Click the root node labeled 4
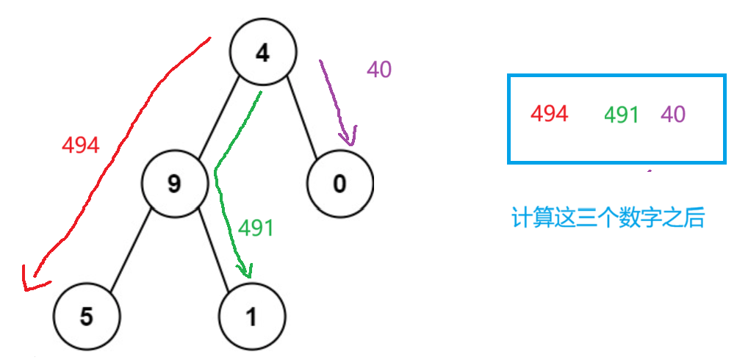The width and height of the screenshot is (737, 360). pos(262,53)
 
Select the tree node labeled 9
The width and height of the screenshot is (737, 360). pos(173,183)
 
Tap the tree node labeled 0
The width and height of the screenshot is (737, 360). pos(339,183)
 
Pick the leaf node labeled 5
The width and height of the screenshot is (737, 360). pos(87,317)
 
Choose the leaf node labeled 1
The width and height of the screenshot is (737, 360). pos(251,317)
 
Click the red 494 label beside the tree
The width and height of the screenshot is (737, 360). pos(80,145)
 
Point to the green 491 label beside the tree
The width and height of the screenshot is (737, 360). pos(256,228)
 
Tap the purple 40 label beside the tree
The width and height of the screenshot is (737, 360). pos(379,70)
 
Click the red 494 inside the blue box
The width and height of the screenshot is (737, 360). pos(549,114)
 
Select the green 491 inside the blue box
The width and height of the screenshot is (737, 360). pos(621,115)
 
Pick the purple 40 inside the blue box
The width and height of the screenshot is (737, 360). pos(673,115)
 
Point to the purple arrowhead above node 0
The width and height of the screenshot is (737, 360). pos(349,138)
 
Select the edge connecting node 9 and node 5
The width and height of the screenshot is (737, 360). pos(131,249)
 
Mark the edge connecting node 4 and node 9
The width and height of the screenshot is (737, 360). pos(218,118)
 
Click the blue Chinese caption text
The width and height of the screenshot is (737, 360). pos(608,218)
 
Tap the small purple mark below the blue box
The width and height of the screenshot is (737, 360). pos(648,172)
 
